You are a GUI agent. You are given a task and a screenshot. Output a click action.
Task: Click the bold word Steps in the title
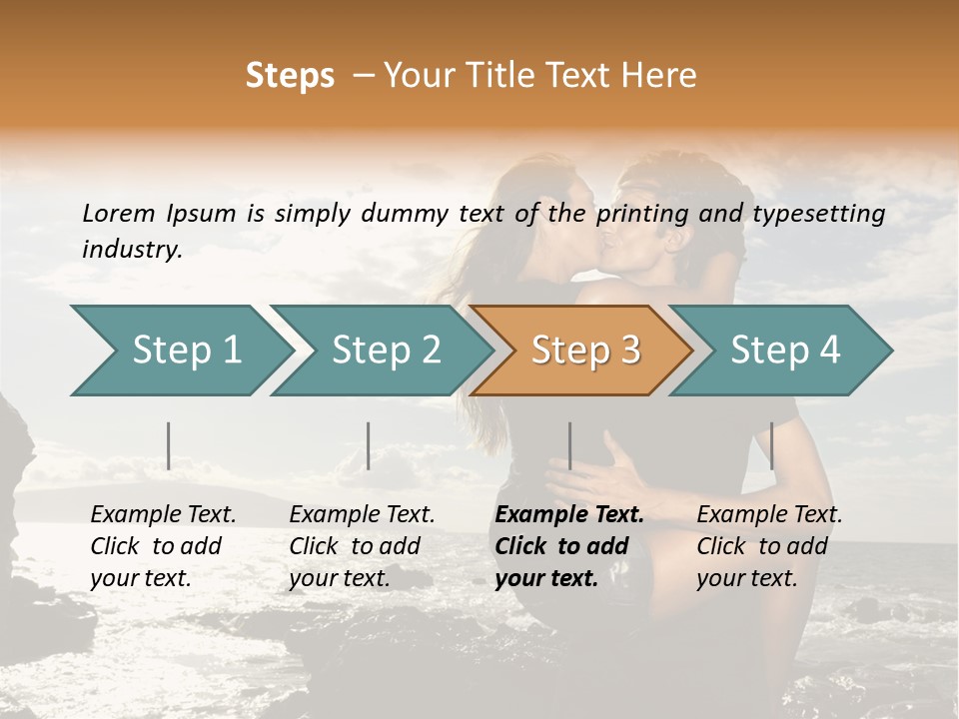(290, 76)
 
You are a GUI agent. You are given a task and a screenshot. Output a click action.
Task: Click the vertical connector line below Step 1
(169, 445)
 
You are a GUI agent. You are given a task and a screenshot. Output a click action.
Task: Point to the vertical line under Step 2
(369, 445)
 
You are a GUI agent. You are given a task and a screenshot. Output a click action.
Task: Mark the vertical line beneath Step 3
(569, 445)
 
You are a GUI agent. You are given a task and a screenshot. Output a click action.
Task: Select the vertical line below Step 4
(771, 445)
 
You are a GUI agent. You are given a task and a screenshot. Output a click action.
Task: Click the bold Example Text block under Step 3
(568, 546)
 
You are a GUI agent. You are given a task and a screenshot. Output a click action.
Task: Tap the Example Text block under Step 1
(163, 546)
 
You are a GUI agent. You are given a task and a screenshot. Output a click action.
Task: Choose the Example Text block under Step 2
(362, 546)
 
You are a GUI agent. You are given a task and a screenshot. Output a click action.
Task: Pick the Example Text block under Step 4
(769, 546)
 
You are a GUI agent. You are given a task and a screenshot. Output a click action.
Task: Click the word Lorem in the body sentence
(119, 214)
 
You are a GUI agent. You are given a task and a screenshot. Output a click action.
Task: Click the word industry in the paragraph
(132, 250)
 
